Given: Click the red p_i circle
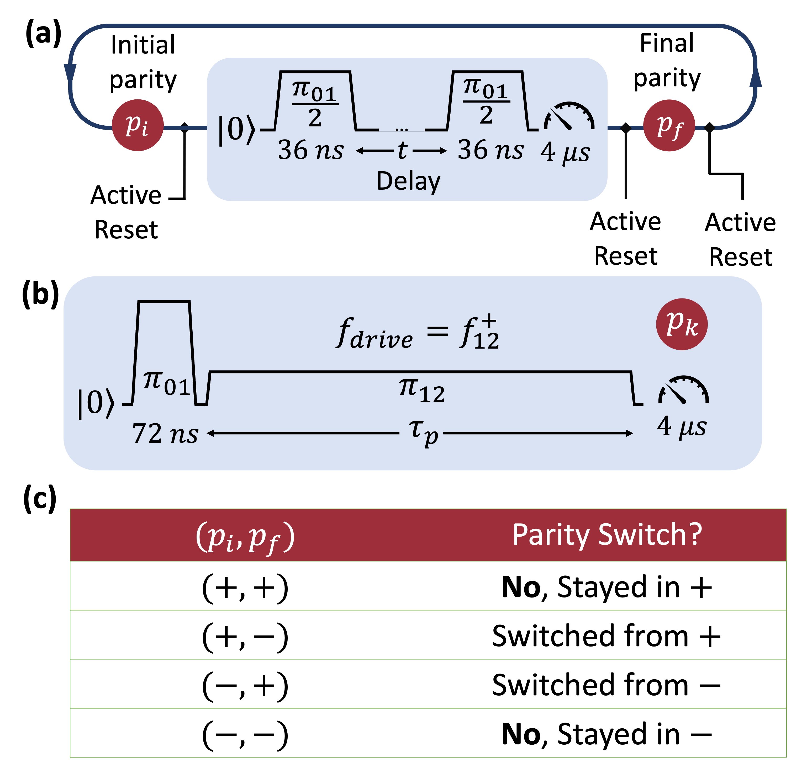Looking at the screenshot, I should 138,125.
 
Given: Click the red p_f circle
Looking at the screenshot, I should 669,125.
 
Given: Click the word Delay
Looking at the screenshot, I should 408,181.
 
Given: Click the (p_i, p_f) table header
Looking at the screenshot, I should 245,536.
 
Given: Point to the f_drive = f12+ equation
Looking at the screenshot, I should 417,333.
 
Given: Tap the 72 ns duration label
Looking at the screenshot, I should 165,434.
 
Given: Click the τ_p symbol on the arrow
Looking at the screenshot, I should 423,432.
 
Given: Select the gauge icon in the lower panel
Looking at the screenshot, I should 683,390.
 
